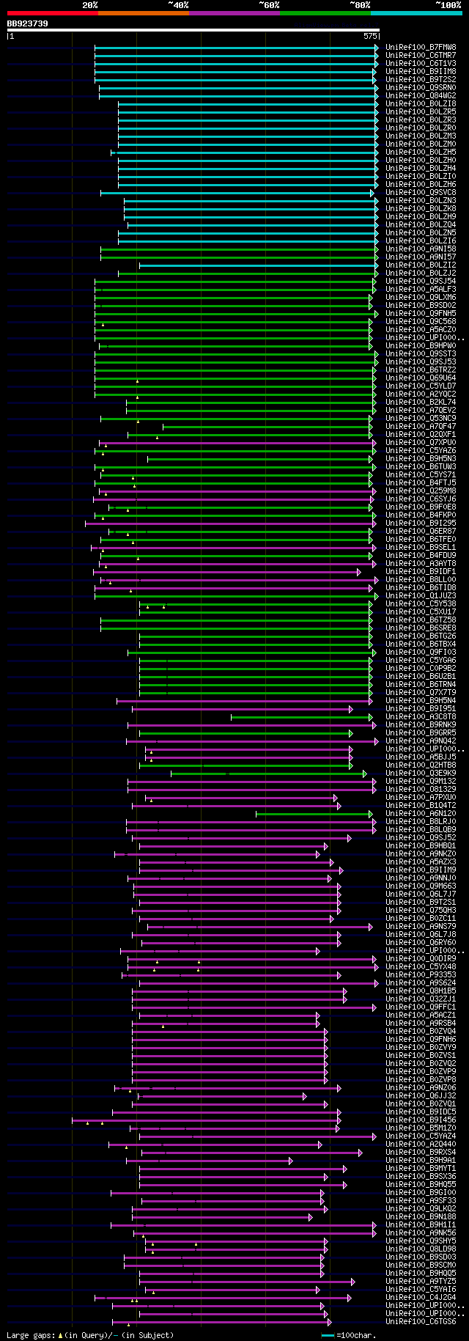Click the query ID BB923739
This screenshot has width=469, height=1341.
pos(28,23)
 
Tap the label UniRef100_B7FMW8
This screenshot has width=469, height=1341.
pos(421,48)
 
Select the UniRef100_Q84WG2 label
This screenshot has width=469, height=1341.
pos(421,96)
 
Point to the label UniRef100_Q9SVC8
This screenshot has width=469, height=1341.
pos(421,193)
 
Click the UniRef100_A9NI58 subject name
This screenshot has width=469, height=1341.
pos(421,249)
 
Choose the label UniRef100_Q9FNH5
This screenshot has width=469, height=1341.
pos(421,314)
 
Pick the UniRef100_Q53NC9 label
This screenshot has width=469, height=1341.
pos(421,419)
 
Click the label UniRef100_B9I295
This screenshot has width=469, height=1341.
pos(421,523)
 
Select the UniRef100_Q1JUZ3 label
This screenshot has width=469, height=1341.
pos(421,596)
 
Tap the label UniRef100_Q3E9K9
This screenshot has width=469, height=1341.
pos(421,774)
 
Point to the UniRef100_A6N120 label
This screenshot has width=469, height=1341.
pos(421,814)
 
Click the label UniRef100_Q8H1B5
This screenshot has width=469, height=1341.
pos(421,991)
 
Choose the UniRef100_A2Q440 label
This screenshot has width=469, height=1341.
pos(421,1145)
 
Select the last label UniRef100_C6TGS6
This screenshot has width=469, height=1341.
pos(421,1322)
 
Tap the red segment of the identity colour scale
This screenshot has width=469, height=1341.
pos(52,12)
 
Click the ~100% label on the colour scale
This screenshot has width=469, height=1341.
pos(448,5)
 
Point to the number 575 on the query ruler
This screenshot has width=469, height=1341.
pos(370,35)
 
